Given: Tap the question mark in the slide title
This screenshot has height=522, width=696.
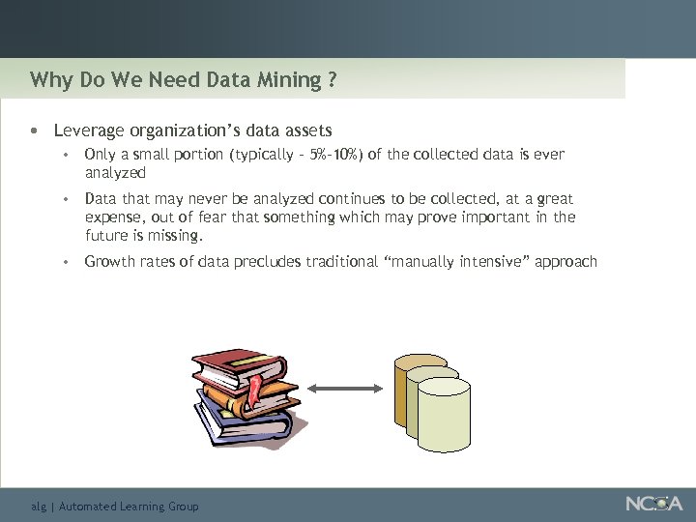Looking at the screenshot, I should (x=332, y=79).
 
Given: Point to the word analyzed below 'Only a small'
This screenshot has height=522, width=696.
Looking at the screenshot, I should (x=115, y=173).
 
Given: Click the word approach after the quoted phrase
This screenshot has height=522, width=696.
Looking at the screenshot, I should (x=565, y=261).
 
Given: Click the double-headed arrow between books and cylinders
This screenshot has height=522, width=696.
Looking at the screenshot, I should (x=346, y=388).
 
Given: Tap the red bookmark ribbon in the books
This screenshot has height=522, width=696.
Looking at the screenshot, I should (x=254, y=392).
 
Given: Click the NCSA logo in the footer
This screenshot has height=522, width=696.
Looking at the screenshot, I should (x=652, y=504).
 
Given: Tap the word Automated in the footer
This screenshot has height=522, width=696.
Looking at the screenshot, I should (x=88, y=506).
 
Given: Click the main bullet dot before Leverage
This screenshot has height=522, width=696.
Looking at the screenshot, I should (x=35, y=130).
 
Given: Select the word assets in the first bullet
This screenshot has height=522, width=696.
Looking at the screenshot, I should (x=306, y=130).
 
